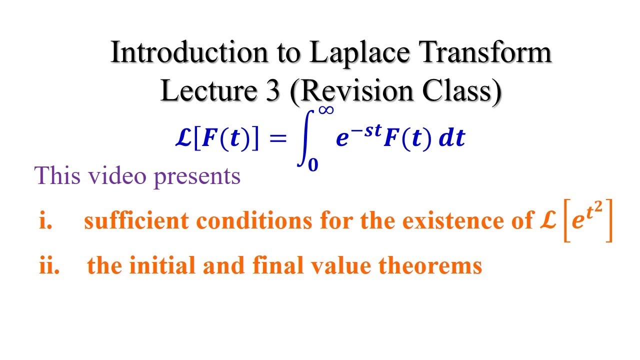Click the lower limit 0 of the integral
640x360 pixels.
(x=313, y=165)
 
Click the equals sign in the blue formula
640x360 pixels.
(x=278, y=139)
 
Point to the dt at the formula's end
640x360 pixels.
(x=452, y=139)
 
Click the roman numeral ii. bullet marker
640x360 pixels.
(x=49, y=265)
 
